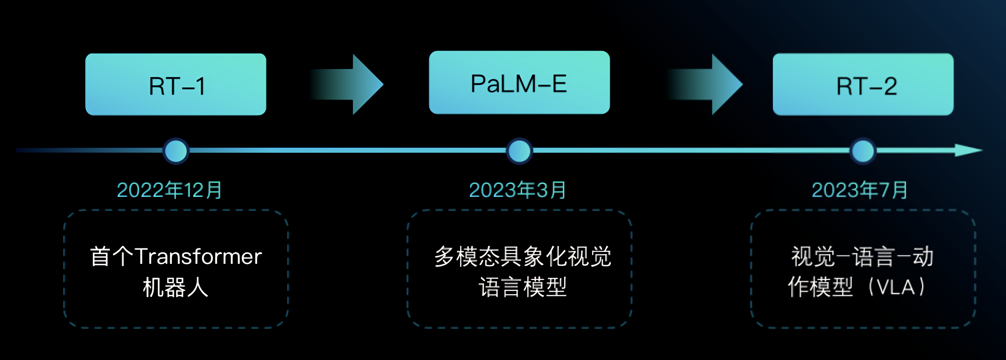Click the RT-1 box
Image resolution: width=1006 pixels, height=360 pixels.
tap(176, 84)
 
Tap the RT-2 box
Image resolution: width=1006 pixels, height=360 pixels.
tap(863, 84)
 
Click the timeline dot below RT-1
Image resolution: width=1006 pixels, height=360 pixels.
tap(176, 151)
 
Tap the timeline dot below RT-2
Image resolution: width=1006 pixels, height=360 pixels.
tap(863, 151)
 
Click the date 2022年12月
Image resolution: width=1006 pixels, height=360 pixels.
tap(170, 190)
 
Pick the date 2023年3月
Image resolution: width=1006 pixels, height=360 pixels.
tap(517, 190)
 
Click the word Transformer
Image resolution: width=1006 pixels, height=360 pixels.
tap(198, 256)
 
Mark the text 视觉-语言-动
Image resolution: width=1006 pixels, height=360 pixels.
tap(862, 256)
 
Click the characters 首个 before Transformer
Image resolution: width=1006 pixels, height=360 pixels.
tap(112, 256)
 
